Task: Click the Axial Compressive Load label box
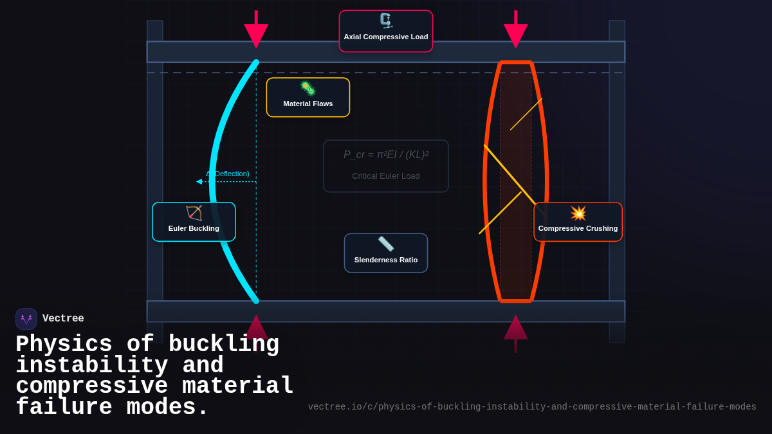coord(386,31)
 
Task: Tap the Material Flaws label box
coord(308,98)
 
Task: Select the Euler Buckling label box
coord(194,222)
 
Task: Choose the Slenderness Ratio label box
coord(386,253)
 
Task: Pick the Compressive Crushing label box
coord(578,222)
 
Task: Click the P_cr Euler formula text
coord(386,155)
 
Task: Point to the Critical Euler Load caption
coord(386,176)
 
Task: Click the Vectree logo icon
coord(26,319)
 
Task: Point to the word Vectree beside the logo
coord(63,319)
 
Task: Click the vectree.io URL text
coord(532,407)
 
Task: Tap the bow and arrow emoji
coord(194,213)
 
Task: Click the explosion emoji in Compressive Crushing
coord(578,213)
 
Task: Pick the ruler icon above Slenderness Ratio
coord(386,244)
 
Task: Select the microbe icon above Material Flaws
coord(308,88)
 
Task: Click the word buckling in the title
coord(223,345)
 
